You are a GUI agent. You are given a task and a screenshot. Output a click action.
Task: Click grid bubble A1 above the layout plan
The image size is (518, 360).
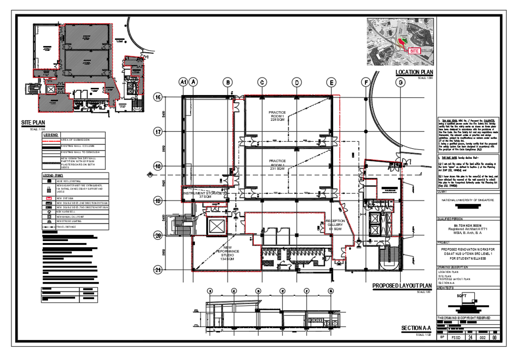(x=183, y=82)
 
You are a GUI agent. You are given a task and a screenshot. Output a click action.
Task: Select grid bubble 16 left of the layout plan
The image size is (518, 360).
(x=158, y=97)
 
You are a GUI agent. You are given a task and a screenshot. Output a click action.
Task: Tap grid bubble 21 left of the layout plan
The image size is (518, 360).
(x=158, y=270)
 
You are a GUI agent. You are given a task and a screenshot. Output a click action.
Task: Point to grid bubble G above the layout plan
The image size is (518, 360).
(x=400, y=82)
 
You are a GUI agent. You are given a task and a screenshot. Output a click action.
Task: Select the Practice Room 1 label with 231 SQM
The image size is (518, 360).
(x=277, y=165)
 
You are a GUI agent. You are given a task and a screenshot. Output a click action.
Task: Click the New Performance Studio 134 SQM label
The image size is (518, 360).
(x=227, y=253)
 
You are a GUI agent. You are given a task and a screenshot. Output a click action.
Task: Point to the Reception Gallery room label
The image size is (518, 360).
(x=335, y=225)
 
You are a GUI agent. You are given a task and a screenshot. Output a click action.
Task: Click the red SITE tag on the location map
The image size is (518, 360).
(x=414, y=51)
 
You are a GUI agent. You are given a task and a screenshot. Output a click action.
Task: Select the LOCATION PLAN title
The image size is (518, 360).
(x=414, y=72)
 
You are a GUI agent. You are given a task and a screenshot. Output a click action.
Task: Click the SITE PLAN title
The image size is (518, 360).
(x=33, y=123)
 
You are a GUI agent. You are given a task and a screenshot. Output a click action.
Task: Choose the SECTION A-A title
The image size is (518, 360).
(x=416, y=328)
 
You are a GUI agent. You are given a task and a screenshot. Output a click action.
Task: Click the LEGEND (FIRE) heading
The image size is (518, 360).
(x=53, y=176)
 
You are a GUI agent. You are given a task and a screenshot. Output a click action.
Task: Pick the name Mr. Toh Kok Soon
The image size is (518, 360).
(x=468, y=225)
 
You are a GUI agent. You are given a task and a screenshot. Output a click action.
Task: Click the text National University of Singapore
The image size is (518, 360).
(x=468, y=200)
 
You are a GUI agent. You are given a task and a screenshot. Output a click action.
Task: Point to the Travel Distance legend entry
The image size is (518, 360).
(x=66, y=227)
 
